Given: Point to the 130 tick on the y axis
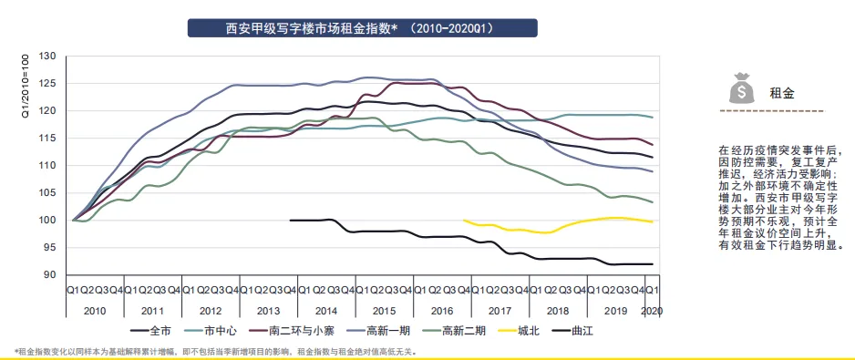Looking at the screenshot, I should coord(48,57).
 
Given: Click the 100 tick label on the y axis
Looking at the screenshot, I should coord(48,221).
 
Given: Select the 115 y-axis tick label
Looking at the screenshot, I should coord(48,139).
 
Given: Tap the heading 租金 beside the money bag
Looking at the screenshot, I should coord(781,93).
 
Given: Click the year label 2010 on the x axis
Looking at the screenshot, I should coord(94,310).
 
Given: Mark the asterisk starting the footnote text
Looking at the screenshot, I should coord(16,351).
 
